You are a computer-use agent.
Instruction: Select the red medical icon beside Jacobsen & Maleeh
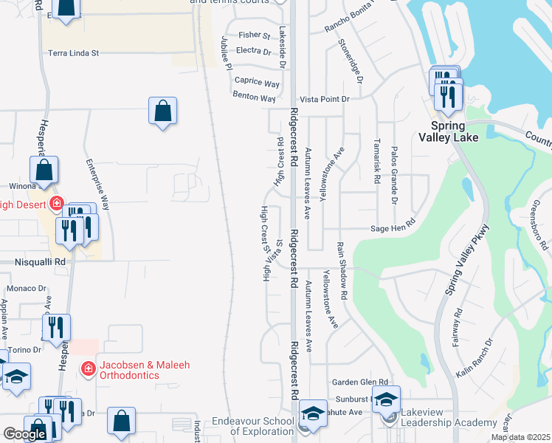click(x=87, y=368)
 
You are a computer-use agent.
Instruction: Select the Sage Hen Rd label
click(x=393, y=230)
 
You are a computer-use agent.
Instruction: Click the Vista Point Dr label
click(x=324, y=98)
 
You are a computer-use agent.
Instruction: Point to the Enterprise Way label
click(x=97, y=185)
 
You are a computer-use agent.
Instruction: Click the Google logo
click(x=24, y=434)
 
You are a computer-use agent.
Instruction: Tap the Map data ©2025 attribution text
click(x=520, y=437)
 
